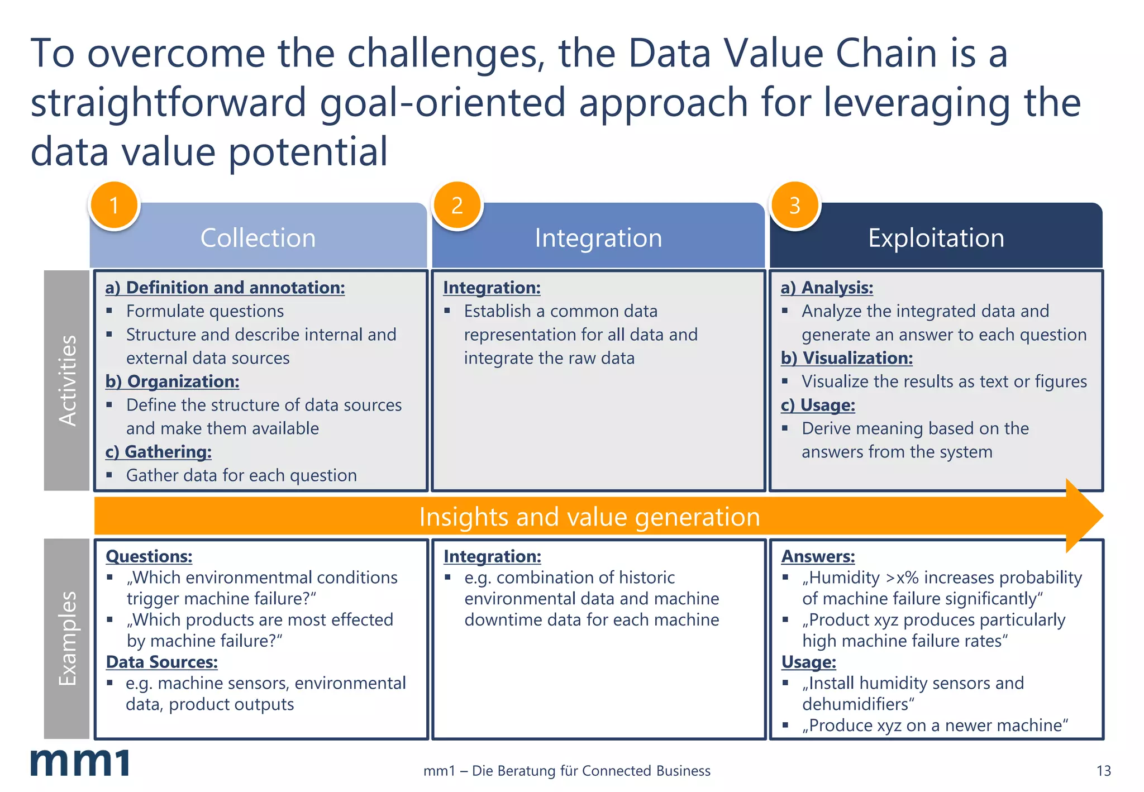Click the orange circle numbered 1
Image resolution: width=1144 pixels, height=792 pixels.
[114, 205]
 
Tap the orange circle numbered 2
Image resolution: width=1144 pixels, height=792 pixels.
[457, 205]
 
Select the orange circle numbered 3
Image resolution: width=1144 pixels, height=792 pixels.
[795, 205]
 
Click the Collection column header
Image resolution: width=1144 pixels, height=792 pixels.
[258, 238]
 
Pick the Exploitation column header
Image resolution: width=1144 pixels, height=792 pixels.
[936, 238]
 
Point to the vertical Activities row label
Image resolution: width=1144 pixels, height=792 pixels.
[67, 380]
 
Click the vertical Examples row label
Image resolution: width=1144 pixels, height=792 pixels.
[67, 638]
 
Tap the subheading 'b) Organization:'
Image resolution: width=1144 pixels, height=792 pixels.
[172, 381]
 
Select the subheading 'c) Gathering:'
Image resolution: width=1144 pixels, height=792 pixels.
[159, 452]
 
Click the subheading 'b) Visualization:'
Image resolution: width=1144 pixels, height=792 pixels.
[847, 358]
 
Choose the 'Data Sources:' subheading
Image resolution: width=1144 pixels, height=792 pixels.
[161, 662]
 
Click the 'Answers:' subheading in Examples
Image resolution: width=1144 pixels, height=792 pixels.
[818, 556]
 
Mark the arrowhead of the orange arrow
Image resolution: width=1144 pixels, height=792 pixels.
[1084, 516]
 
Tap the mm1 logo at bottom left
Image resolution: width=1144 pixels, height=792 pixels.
[80, 762]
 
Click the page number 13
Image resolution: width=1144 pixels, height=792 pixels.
[1103, 771]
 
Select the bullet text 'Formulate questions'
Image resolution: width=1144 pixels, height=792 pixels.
[205, 311]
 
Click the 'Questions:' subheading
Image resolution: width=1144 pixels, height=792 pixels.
[149, 556]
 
